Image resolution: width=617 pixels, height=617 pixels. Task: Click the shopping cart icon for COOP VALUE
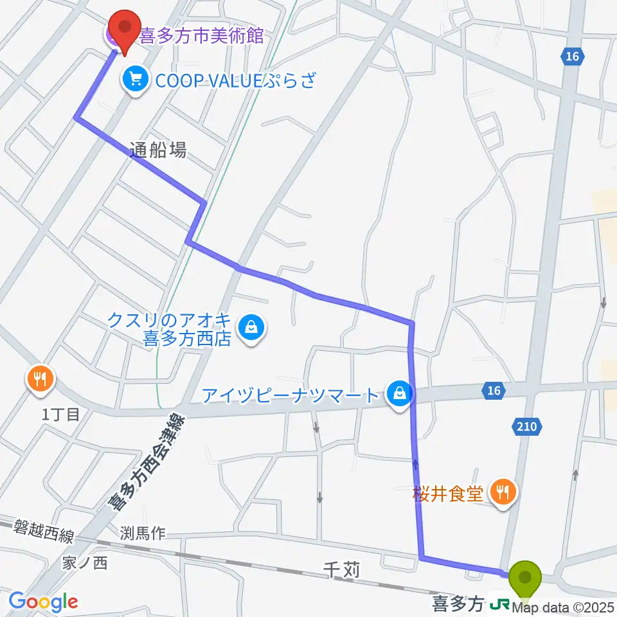[135, 80]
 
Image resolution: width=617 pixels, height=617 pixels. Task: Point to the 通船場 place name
[157, 150]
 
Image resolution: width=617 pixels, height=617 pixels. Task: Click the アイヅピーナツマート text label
[291, 395]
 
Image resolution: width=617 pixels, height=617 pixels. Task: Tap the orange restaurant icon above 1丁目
[40, 379]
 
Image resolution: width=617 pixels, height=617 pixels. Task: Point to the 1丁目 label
[61, 415]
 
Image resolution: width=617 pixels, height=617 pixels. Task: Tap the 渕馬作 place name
[143, 533]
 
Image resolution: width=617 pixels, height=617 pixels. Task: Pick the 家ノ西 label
[85, 563]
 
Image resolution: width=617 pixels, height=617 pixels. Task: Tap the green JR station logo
[499, 605]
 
